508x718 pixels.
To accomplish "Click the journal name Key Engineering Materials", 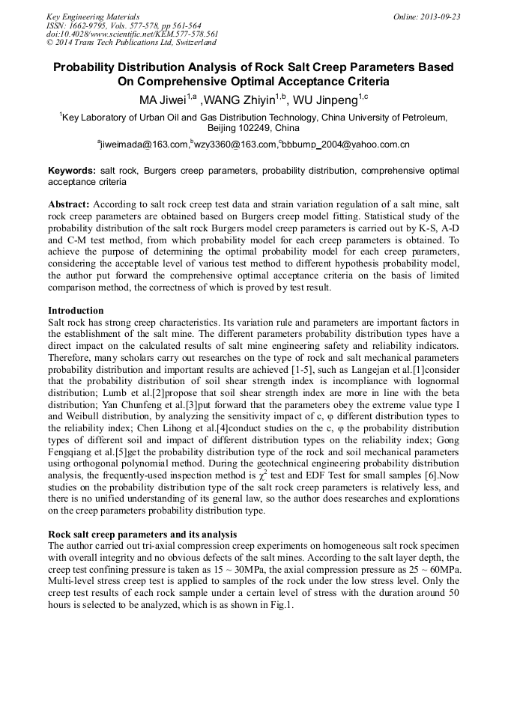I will click(x=93, y=16).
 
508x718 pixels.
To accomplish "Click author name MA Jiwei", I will click(x=166, y=99).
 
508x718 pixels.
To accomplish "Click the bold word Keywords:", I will click(x=72, y=171).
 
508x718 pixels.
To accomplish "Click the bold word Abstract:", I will click(x=69, y=204).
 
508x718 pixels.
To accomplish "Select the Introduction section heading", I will click(x=76, y=310).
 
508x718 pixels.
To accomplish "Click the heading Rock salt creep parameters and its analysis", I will click(x=142, y=535).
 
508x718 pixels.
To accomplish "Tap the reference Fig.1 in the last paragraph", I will click(x=279, y=606).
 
